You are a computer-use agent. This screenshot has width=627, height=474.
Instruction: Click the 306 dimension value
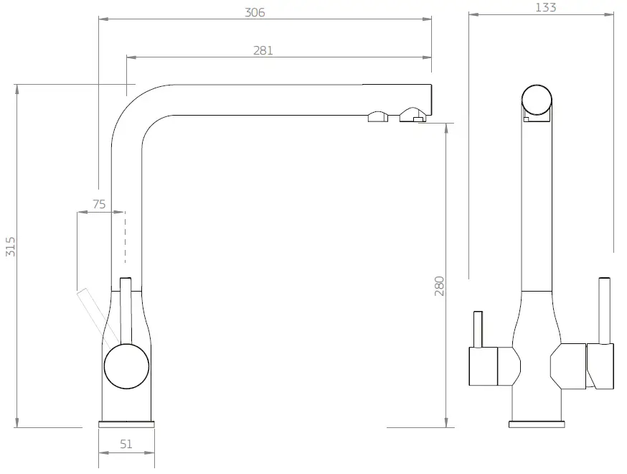point(255,12)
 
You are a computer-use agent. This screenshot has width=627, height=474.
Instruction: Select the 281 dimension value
point(263,50)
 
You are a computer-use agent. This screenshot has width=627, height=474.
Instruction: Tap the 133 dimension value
point(545,8)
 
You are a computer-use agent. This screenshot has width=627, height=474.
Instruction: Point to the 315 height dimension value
point(9,246)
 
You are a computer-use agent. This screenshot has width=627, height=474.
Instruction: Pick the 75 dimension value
point(99,204)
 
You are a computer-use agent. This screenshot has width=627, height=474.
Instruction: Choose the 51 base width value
point(126,444)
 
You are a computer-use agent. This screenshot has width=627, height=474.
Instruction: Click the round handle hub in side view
point(126,366)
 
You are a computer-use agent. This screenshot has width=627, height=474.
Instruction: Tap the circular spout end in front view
point(537,101)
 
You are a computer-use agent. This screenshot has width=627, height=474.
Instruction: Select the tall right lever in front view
point(604,309)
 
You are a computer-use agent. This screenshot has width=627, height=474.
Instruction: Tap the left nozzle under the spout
point(378,116)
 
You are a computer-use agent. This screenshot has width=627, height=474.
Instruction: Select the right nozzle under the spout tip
point(412,115)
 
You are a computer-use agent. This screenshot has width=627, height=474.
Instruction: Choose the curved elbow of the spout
point(136,108)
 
